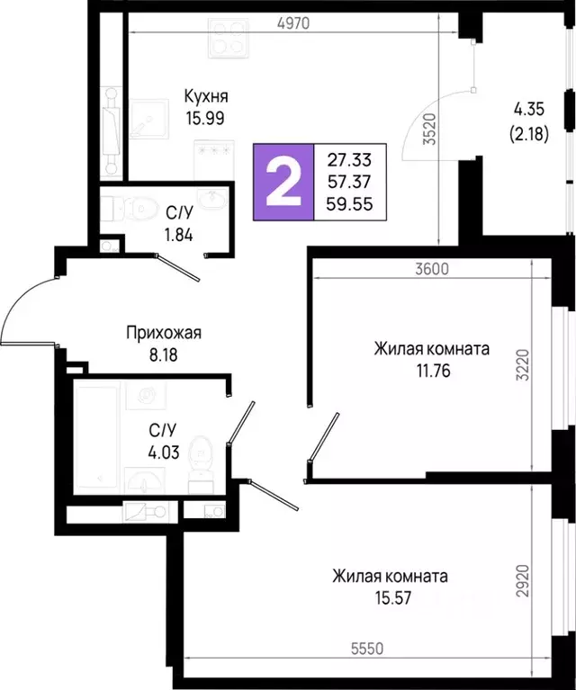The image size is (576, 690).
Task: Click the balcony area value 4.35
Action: click(530, 110)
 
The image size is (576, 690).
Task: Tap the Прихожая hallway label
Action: click(163, 333)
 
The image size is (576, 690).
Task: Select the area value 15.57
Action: click(389, 596)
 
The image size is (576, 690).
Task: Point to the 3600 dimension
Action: click(431, 268)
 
